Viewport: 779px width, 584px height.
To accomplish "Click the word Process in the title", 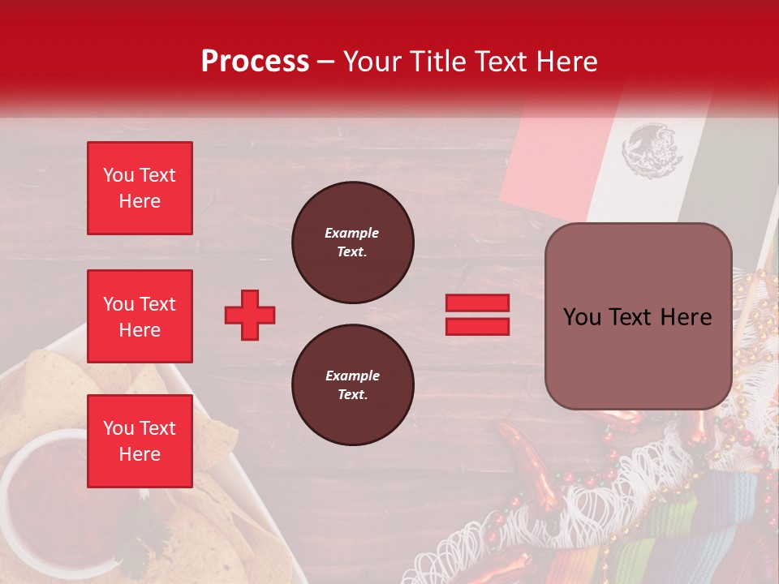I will point(255,62).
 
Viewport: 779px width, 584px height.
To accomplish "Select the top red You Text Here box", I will point(140,188).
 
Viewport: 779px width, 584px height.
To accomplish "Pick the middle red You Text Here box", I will point(140,316).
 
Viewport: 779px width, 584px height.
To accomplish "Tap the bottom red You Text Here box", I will point(140,441).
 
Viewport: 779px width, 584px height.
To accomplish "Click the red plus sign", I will point(250,315).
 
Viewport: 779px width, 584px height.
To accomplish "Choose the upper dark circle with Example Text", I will point(352,243).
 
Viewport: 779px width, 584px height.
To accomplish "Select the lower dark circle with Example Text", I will point(352,385).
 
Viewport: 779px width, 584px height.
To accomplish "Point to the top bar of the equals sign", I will point(477,303).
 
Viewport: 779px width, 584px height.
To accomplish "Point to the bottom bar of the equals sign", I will point(477,326).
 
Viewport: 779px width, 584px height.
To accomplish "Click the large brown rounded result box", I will point(638,316).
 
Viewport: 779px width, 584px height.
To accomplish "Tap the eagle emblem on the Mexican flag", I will point(648,150).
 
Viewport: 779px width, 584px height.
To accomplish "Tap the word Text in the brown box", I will point(636,317).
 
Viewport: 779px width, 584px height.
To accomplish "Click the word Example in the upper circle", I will point(352,233).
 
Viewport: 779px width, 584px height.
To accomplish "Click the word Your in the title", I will point(374,62).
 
